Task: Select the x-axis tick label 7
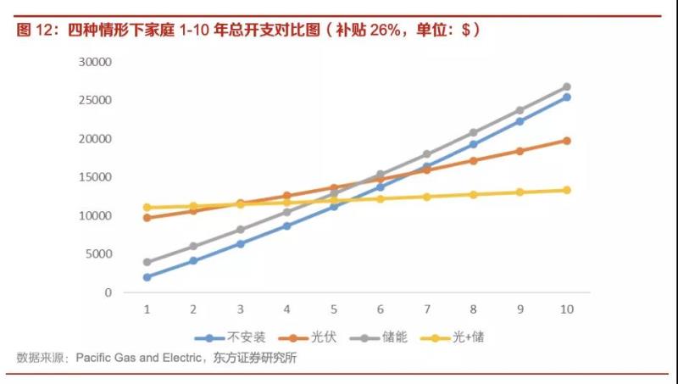coord(426,309)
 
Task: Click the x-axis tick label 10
coord(566,309)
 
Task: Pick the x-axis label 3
coord(240,309)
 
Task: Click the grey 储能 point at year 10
coord(566,87)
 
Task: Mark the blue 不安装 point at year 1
coord(147,277)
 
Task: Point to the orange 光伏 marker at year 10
coord(566,141)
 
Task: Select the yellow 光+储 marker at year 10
coord(566,190)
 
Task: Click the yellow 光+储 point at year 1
coord(147,208)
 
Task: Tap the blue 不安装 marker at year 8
coord(473,144)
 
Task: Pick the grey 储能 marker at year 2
coord(193,247)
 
